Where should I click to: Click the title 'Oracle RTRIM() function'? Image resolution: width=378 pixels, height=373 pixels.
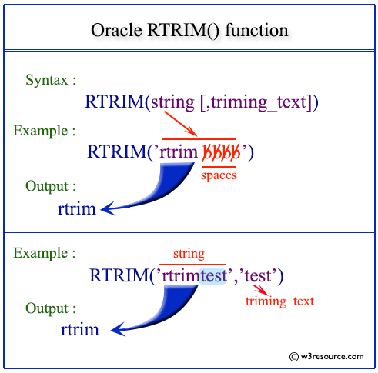tap(189, 31)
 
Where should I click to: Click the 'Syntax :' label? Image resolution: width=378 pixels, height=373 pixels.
tap(51, 81)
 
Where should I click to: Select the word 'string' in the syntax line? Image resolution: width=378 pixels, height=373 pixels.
tap(173, 101)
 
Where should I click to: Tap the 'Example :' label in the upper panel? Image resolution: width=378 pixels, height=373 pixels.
tap(45, 130)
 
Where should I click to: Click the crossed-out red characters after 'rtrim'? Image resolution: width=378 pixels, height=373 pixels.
tap(221, 152)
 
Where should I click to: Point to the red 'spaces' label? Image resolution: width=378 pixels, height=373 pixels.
tap(219, 175)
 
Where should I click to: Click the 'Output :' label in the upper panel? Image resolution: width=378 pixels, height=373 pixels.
tap(51, 186)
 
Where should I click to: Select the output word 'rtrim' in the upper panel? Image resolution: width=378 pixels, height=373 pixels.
tap(77, 208)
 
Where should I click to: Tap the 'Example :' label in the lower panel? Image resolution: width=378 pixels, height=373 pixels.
tap(45, 252)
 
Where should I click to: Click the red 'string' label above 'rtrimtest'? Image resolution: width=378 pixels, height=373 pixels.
tap(189, 253)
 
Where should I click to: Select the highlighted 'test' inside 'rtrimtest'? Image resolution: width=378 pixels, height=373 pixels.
tap(212, 274)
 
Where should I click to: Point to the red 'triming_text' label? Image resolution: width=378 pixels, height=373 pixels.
tap(279, 301)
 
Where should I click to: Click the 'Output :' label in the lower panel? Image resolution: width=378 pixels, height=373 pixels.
tap(51, 308)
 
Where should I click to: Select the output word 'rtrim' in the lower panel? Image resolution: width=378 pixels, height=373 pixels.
tap(80, 330)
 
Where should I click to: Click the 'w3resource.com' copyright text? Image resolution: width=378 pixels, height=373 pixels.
tap(326, 356)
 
